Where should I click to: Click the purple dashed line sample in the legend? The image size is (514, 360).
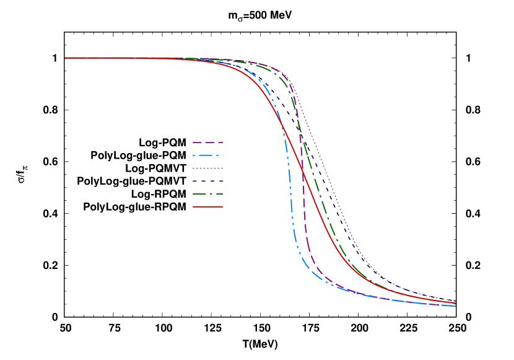[x=207, y=143]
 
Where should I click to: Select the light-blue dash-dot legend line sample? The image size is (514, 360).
[x=207, y=155]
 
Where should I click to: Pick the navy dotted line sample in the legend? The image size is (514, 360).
[x=207, y=181]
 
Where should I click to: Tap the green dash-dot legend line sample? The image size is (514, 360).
[x=207, y=194]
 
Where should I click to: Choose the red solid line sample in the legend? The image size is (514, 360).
[x=207, y=206]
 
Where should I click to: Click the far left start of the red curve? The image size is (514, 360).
[x=66, y=58]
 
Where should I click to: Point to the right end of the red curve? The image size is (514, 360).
[x=455, y=303]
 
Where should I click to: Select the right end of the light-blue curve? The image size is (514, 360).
[x=455, y=305]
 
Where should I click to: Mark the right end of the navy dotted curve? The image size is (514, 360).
[x=455, y=301]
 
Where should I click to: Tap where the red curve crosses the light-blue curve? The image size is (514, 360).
[x=284, y=128]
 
